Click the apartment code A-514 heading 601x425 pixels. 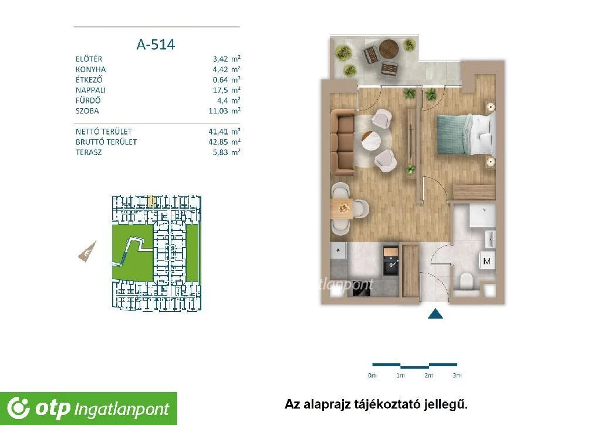coord(156,45)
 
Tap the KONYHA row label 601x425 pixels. coord(90,69)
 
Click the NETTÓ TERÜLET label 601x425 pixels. coord(103,131)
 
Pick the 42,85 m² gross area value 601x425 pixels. coord(224,142)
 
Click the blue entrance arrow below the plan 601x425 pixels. coord(435,314)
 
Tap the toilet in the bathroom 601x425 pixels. coord(466,281)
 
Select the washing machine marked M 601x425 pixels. coord(487,261)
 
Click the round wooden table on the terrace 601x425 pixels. coord(389,49)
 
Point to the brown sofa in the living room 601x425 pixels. coord(342,142)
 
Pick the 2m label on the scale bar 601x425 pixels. coord(428,376)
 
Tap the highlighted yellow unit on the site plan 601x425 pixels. coord(151,201)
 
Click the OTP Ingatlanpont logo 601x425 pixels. coord(89,409)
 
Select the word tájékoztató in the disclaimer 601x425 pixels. coord(371,404)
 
